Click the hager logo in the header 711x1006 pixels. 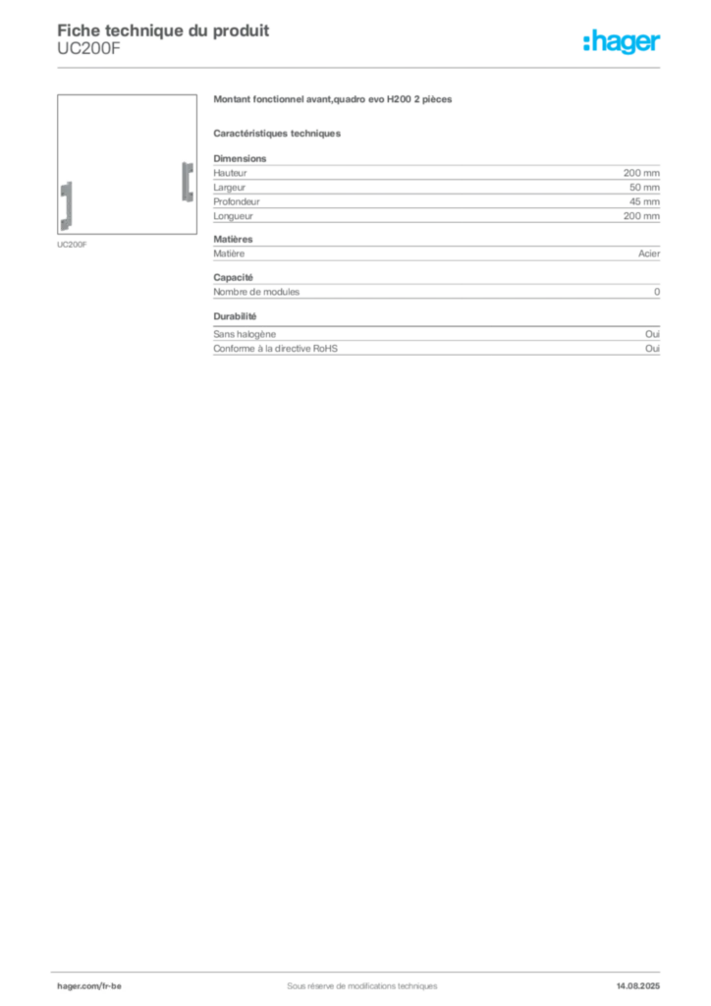(x=622, y=41)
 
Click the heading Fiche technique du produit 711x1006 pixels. (x=163, y=30)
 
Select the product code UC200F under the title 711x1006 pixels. (x=88, y=49)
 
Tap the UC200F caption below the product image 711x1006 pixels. (x=72, y=245)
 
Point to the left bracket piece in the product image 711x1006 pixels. (x=66, y=206)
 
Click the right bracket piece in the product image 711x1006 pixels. (x=188, y=182)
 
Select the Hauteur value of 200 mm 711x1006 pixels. (x=641, y=173)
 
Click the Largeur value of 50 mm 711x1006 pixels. (x=644, y=188)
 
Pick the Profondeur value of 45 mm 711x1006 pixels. (x=644, y=201)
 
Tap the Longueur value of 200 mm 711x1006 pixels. (x=641, y=216)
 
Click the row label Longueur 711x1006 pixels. (x=234, y=216)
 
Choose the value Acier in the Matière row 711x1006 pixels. (x=649, y=253)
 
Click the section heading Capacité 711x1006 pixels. (x=234, y=278)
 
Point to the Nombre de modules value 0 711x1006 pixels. (x=657, y=292)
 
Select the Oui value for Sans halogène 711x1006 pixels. (x=652, y=334)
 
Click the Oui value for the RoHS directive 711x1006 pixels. (x=652, y=349)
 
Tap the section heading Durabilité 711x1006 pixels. (x=235, y=316)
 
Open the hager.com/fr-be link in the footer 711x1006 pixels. (x=89, y=986)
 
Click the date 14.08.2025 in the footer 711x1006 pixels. (x=638, y=986)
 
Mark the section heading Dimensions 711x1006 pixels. (x=240, y=158)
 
